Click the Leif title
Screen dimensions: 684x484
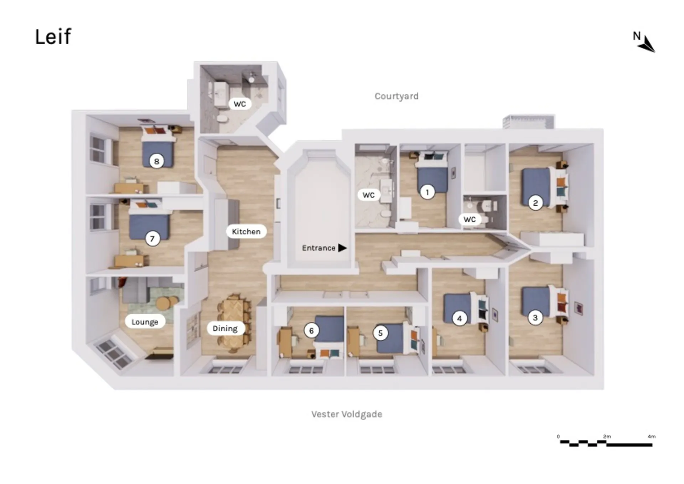pyautogui.click(x=53, y=37)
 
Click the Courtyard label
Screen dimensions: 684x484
pyautogui.click(x=397, y=96)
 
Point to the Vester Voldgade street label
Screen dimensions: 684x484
pyautogui.click(x=347, y=414)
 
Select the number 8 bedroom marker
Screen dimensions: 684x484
pyautogui.click(x=156, y=161)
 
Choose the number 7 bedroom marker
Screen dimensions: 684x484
pyautogui.click(x=152, y=238)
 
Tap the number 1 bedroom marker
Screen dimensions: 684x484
pyautogui.click(x=427, y=192)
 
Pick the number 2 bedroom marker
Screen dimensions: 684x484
pyautogui.click(x=535, y=203)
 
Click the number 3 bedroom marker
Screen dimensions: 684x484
pyautogui.click(x=535, y=317)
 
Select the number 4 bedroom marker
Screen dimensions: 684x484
pyautogui.click(x=459, y=319)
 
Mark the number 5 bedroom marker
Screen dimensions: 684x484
pyautogui.click(x=380, y=333)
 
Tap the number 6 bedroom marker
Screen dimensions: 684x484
pyautogui.click(x=311, y=331)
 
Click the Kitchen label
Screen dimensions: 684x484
pyautogui.click(x=246, y=232)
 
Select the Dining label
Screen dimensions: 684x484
pyautogui.click(x=225, y=328)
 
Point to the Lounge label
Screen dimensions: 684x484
pyautogui.click(x=145, y=322)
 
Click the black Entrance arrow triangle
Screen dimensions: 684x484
pyautogui.click(x=342, y=248)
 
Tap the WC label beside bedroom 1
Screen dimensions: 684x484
pyautogui.click(x=369, y=195)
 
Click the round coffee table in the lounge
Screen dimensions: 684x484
pyautogui.click(x=164, y=303)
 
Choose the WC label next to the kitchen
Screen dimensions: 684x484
pyautogui.click(x=239, y=104)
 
